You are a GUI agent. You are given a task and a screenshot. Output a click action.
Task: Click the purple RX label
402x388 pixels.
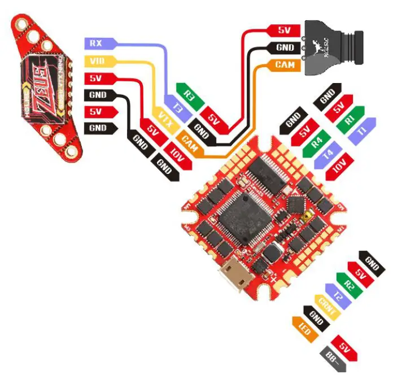(x=97, y=42)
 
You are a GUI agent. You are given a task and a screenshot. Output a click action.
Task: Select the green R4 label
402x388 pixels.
(x=317, y=139)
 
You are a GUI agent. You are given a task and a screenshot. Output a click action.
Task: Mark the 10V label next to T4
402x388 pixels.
(x=339, y=164)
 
